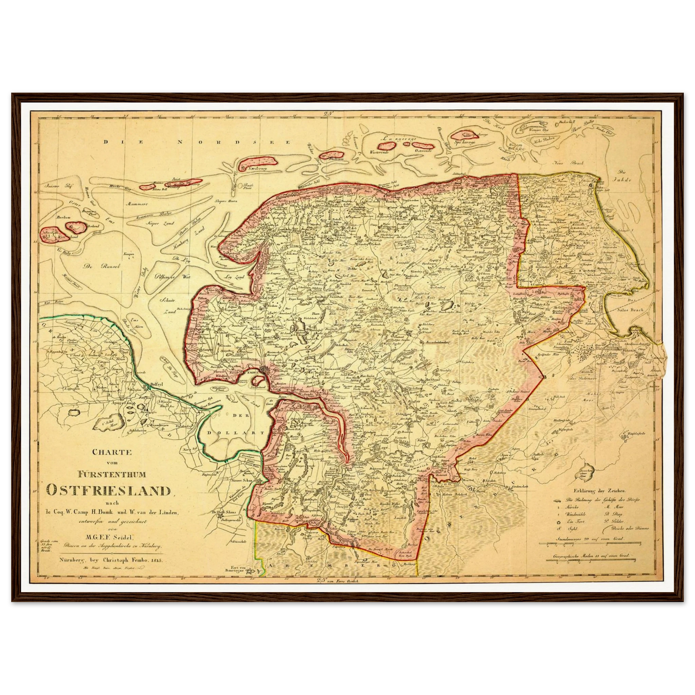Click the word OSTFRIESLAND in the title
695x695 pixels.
click(109, 490)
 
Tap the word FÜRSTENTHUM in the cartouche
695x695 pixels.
click(109, 474)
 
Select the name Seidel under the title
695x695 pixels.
click(123, 537)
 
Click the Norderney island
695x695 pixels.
click(252, 164)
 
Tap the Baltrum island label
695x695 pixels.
click(332, 157)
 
